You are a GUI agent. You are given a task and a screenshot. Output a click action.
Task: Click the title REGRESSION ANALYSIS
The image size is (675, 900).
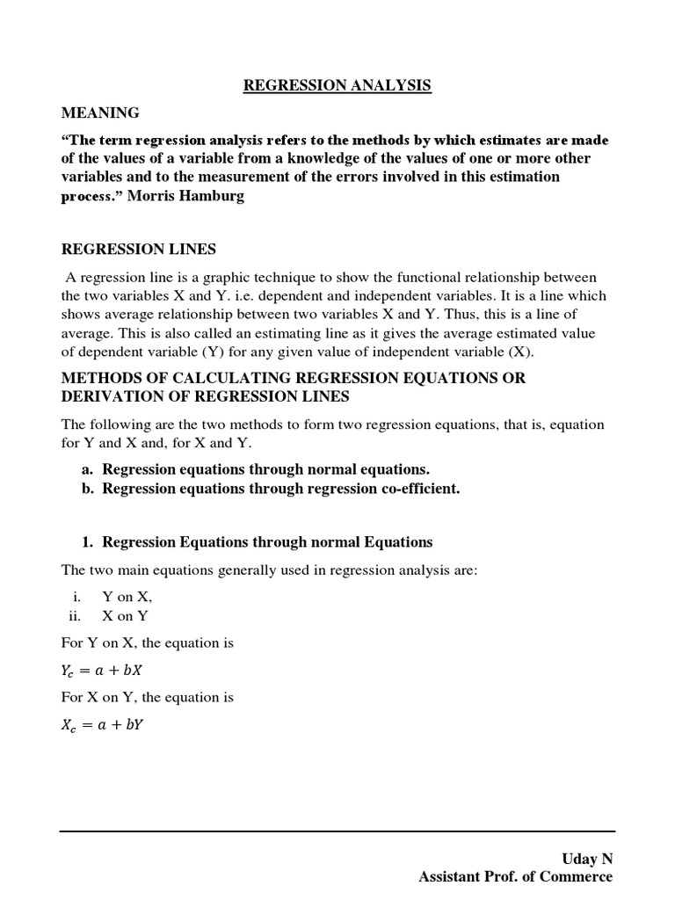coord(337,85)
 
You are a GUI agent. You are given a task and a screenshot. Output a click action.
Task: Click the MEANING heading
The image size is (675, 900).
coord(99,112)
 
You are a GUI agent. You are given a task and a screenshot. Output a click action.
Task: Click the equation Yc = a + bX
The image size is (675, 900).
coord(107,670)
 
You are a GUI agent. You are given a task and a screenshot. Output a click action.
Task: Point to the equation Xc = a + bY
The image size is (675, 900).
coord(107,724)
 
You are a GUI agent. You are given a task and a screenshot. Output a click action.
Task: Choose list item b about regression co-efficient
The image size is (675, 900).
coord(271,489)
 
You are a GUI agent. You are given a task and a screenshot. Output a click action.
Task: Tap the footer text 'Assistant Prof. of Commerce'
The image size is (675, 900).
coord(516,876)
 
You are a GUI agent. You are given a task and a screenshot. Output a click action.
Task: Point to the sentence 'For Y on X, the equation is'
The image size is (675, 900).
coord(147,642)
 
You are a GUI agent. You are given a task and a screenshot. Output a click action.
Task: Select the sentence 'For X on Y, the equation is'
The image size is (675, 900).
coord(147,697)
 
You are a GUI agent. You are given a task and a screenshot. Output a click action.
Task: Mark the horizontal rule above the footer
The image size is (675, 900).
coord(337,831)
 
